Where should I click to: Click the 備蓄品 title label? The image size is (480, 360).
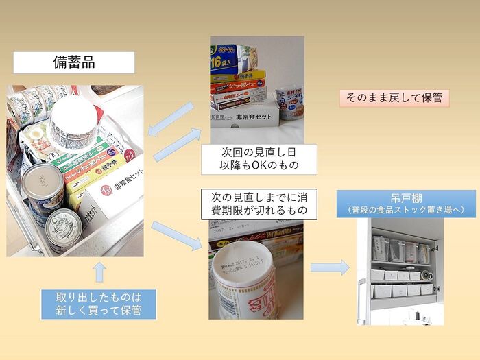(74, 62)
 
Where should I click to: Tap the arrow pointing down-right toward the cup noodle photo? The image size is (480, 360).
(176, 235)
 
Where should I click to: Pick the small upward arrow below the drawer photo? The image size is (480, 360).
(99, 272)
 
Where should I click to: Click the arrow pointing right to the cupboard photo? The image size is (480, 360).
(330, 267)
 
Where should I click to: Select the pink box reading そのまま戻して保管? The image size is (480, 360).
(394, 97)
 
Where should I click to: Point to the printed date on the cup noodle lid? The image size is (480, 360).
(241, 259)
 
